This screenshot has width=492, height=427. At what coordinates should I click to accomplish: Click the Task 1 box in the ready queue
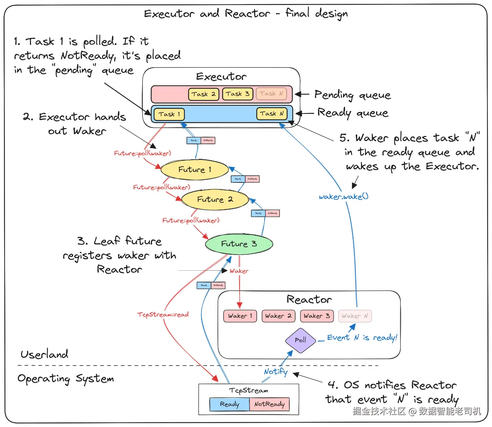[x=169, y=114]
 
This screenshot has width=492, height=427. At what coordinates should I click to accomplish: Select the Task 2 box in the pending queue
[x=203, y=94]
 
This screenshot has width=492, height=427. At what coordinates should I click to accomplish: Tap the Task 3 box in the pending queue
[x=237, y=94]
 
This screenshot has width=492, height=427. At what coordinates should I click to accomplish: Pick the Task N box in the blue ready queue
[x=272, y=114]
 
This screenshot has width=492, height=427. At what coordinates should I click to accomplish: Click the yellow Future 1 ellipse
[x=195, y=170]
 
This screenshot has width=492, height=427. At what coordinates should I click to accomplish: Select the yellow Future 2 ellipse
[x=215, y=200]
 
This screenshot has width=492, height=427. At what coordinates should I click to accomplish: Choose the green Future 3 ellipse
[x=239, y=244]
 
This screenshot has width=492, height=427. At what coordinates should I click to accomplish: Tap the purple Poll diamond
[x=301, y=340]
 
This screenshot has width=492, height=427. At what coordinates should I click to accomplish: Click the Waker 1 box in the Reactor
[x=240, y=316]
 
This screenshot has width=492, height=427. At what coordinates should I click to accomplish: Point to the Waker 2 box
[x=278, y=316]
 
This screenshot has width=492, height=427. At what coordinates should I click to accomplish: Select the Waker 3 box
[x=317, y=316]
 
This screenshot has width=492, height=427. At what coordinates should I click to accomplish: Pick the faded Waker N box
[x=355, y=316]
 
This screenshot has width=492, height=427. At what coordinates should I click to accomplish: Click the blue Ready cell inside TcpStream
[x=229, y=404]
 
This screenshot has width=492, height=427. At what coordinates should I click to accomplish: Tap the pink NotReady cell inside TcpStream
[x=270, y=404]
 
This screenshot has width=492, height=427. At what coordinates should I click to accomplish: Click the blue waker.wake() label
[x=344, y=197]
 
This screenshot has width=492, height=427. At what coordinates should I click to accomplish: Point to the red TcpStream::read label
[x=163, y=315]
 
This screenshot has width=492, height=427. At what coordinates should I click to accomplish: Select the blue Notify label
[x=276, y=372]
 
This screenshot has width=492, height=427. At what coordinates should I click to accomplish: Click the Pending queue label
[x=352, y=95]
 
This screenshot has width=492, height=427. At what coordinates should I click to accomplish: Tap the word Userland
[x=44, y=354]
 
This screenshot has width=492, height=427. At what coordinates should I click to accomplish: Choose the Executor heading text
[x=221, y=76]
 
